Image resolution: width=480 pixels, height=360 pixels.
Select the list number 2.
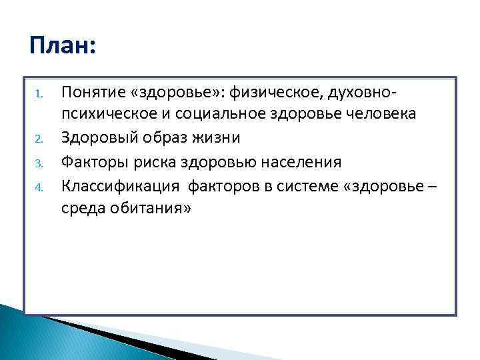39,139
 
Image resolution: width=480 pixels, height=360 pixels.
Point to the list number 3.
39,163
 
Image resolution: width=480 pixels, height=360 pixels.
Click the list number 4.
39,187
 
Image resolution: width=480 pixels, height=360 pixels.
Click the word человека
383,113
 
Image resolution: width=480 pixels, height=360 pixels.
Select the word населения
301,161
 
